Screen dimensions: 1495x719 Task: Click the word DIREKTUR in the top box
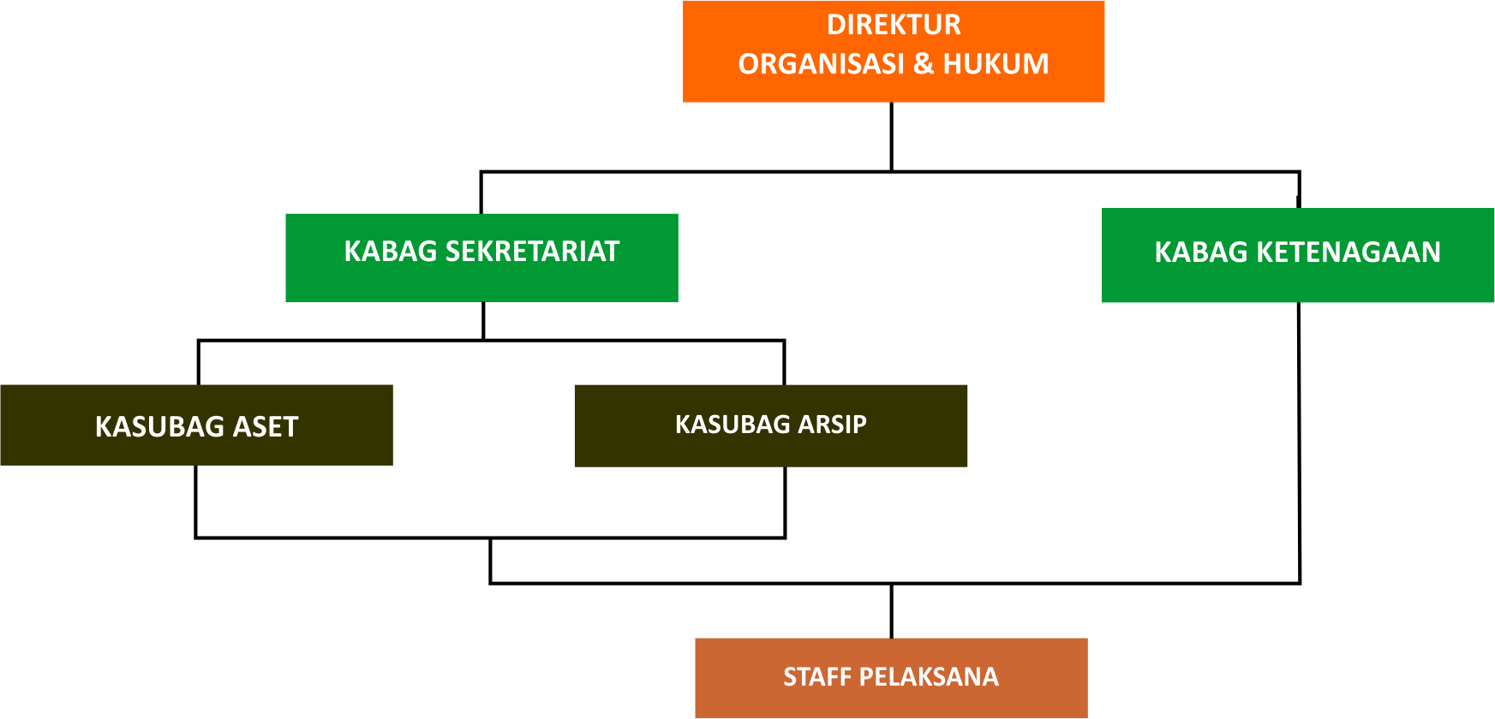click(x=894, y=25)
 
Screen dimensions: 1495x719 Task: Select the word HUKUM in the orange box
click(x=996, y=64)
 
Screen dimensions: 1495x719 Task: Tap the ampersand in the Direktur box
click(x=924, y=64)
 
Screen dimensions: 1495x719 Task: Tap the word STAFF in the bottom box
click(x=817, y=677)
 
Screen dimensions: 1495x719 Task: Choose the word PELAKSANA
click(x=929, y=677)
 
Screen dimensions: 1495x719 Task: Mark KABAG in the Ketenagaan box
click(x=1201, y=253)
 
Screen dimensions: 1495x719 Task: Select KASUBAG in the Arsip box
click(x=733, y=425)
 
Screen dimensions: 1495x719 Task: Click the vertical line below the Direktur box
click(x=892, y=137)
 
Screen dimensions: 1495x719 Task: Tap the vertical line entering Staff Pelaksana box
click(x=892, y=611)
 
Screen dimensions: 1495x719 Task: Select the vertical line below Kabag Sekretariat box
click(x=484, y=321)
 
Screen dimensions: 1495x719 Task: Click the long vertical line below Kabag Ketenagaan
click(x=1300, y=443)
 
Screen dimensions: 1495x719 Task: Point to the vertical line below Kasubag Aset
click(x=196, y=502)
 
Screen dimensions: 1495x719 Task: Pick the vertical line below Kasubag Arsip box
click(x=785, y=502)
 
